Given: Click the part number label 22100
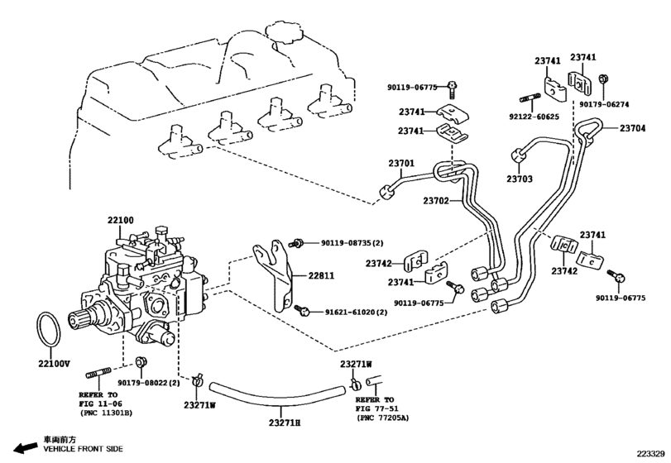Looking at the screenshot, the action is pos(120,220).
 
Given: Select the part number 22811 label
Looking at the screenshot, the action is pos(321,276).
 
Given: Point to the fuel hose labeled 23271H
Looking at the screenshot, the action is pos(277,394).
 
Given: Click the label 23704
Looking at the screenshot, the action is pos(632,128).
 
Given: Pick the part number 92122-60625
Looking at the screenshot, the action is pos(534,117).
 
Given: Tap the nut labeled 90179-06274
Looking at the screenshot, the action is pos(604,79).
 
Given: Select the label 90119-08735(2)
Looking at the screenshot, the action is pos(352,243).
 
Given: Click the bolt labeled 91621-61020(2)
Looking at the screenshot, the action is pos(302,310).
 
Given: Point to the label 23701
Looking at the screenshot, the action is pos(401,164).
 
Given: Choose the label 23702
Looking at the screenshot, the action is pos(436,200).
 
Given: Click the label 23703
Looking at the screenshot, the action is pos(520,179).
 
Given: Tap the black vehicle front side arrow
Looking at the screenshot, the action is pos(26,447).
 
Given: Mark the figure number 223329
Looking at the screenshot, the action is pos(650,454).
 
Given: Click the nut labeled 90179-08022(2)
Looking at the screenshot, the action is pos(140,362).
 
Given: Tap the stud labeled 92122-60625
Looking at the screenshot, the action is pos(530,99).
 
